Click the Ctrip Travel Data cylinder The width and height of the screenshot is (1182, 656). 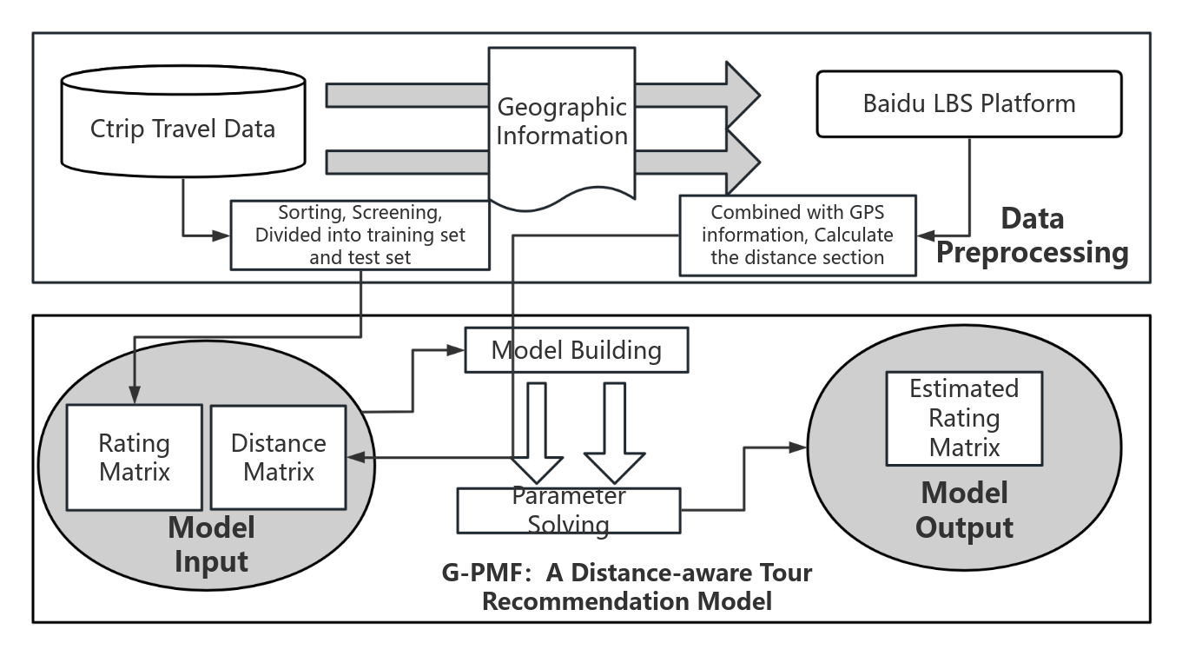(182, 130)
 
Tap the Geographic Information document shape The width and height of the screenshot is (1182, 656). (562, 122)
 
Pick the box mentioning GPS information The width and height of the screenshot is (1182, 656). (797, 235)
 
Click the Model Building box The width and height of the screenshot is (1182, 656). (577, 350)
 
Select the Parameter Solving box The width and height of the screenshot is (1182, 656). (569, 510)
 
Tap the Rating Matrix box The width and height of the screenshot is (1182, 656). (135, 457)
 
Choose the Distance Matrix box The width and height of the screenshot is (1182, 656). (278, 457)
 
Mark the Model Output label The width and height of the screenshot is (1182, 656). (964, 510)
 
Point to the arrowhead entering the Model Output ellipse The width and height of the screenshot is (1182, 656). (798, 447)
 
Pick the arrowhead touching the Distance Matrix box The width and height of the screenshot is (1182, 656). (354, 457)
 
